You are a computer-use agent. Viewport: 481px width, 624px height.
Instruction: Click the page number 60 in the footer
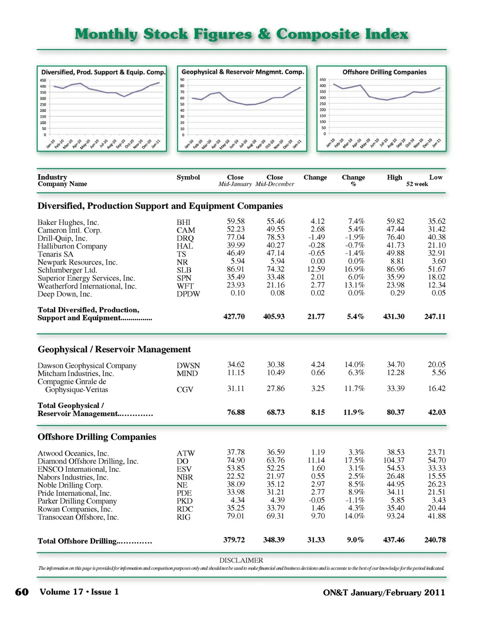click(22, 592)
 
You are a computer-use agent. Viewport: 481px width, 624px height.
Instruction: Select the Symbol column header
click(188, 177)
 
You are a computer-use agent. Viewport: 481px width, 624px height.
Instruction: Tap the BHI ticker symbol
click(183, 222)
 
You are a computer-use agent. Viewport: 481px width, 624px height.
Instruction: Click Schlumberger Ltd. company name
click(67, 270)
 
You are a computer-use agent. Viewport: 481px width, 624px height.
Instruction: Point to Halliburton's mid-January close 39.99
click(236, 245)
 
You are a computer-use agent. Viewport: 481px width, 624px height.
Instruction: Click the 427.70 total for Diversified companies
click(234, 317)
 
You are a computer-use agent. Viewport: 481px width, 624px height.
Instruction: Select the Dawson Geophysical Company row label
click(87, 366)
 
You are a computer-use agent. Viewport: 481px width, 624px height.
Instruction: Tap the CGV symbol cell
click(185, 389)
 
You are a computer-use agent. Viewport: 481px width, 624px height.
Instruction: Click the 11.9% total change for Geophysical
click(354, 412)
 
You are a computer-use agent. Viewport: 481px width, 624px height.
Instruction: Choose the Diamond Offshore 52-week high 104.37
click(394, 460)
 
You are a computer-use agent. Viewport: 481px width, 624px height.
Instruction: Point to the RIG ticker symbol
click(183, 517)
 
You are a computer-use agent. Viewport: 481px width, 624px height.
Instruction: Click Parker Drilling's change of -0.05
click(316, 500)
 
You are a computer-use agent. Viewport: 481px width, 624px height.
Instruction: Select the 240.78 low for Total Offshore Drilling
click(435, 540)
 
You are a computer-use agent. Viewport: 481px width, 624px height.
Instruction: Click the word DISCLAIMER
click(241, 560)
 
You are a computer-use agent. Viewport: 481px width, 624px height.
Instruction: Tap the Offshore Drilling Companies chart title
click(384, 72)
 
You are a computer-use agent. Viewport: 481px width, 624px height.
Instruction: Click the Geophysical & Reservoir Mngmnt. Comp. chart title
click(243, 72)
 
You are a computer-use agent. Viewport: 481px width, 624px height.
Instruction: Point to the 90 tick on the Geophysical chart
click(182, 80)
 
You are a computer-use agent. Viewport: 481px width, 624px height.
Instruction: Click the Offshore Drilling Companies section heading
click(97, 437)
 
